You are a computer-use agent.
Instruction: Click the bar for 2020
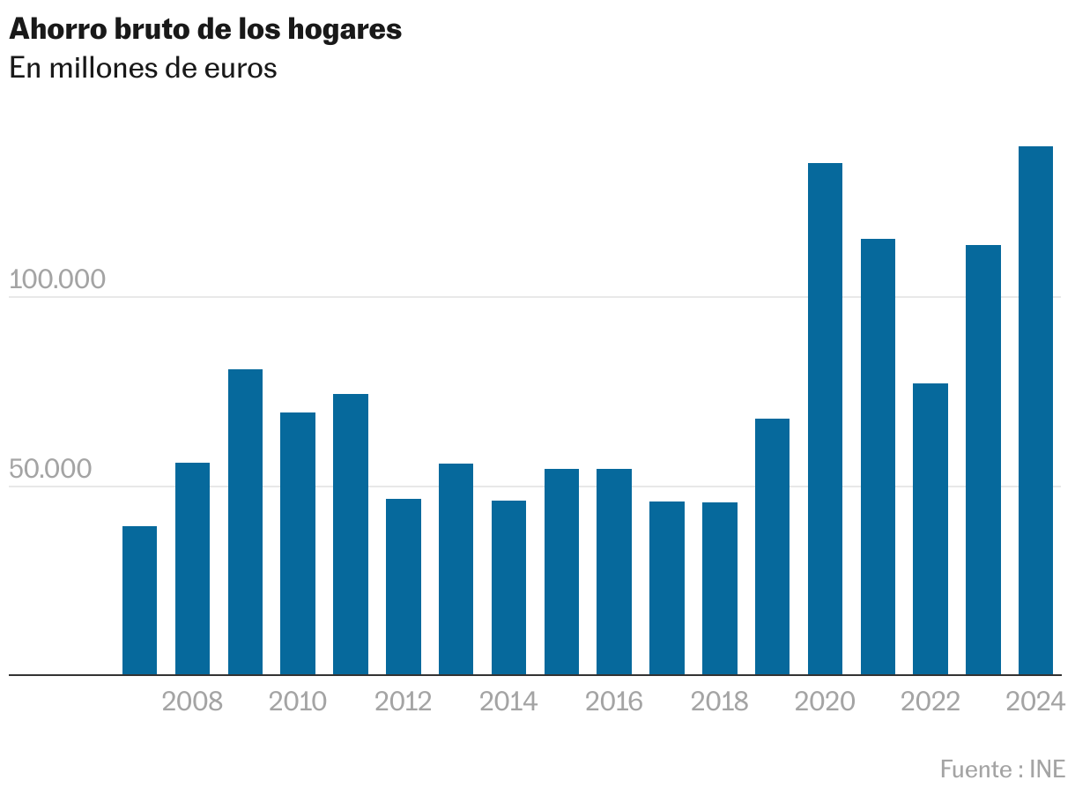pyautogui.click(x=825, y=419)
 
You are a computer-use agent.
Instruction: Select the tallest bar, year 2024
pyautogui.click(x=1035, y=411)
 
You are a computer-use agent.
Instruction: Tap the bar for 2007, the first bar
pyautogui.click(x=139, y=600)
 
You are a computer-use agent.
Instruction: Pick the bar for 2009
pyautogui.click(x=245, y=522)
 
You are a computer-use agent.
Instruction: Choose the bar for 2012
pyautogui.click(x=404, y=587)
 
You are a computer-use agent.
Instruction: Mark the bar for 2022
pyautogui.click(x=930, y=529)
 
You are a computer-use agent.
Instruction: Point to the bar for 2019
pyautogui.click(x=772, y=546)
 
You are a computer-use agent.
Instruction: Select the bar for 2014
pyautogui.click(x=508, y=588)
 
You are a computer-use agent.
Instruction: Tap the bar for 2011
pyautogui.click(x=351, y=534)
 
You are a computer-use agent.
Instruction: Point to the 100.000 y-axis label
pyautogui.click(x=57, y=279)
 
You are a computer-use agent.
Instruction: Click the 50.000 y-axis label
pyautogui.click(x=51, y=469)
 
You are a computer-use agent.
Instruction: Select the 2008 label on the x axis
pyautogui.click(x=193, y=702)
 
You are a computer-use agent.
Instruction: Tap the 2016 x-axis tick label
pyautogui.click(x=614, y=702)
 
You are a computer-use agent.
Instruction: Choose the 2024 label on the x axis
pyautogui.click(x=1036, y=702)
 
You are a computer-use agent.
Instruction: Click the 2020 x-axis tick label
pyautogui.click(x=825, y=702)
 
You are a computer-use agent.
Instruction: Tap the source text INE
pyautogui.click(x=1047, y=769)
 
